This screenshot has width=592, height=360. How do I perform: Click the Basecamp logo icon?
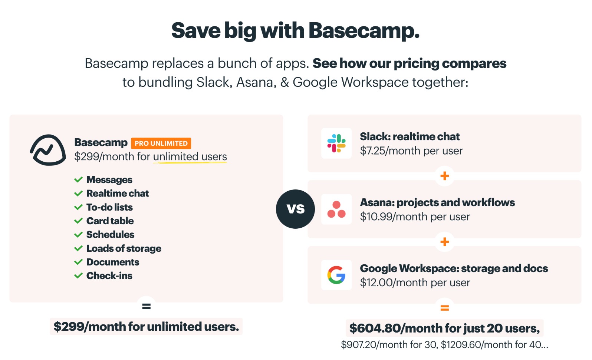(x=48, y=150)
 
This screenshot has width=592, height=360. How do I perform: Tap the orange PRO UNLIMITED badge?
(x=161, y=143)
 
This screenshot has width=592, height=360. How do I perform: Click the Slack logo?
(x=336, y=143)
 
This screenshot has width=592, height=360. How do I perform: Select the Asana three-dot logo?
(x=336, y=209)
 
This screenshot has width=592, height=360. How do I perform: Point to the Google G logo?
(x=336, y=275)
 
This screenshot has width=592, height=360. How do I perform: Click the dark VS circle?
(x=296, y=209)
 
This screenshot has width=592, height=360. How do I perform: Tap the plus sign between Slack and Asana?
(x=445, y=176)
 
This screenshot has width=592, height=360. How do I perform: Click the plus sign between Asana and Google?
(x=445, y=242)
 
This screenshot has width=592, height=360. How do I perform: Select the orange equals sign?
(x=445, y=308)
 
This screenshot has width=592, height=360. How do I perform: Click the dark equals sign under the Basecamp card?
(x=146, y=306)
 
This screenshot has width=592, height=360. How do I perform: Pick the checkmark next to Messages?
(x=79, y=179)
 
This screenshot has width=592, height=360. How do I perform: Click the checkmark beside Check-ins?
(x=79, y=276)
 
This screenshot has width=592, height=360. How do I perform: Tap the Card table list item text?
(x=110, y=221)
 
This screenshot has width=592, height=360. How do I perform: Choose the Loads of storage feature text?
(x=124, y=248)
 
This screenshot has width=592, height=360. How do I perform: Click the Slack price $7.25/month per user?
(x=411, y=151)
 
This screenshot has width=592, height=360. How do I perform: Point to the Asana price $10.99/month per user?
(x=415, y=217)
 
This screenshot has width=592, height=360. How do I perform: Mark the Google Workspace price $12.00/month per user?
(x=415, y=283)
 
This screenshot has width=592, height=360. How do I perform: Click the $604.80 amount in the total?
(x=375, y=328)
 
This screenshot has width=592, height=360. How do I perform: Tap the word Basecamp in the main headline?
(x=364, y=31)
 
